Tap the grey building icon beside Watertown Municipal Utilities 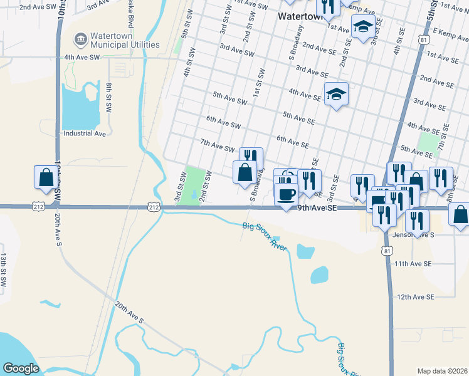click(x=80, y=39)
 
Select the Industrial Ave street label click(x=85, y=133)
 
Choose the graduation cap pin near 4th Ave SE click(x=336, y=94)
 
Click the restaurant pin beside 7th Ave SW click(x=250, y=158)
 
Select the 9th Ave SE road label click(x=317, y=207)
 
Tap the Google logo click(x=21, y=368)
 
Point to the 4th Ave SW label click(x=82, y=57)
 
